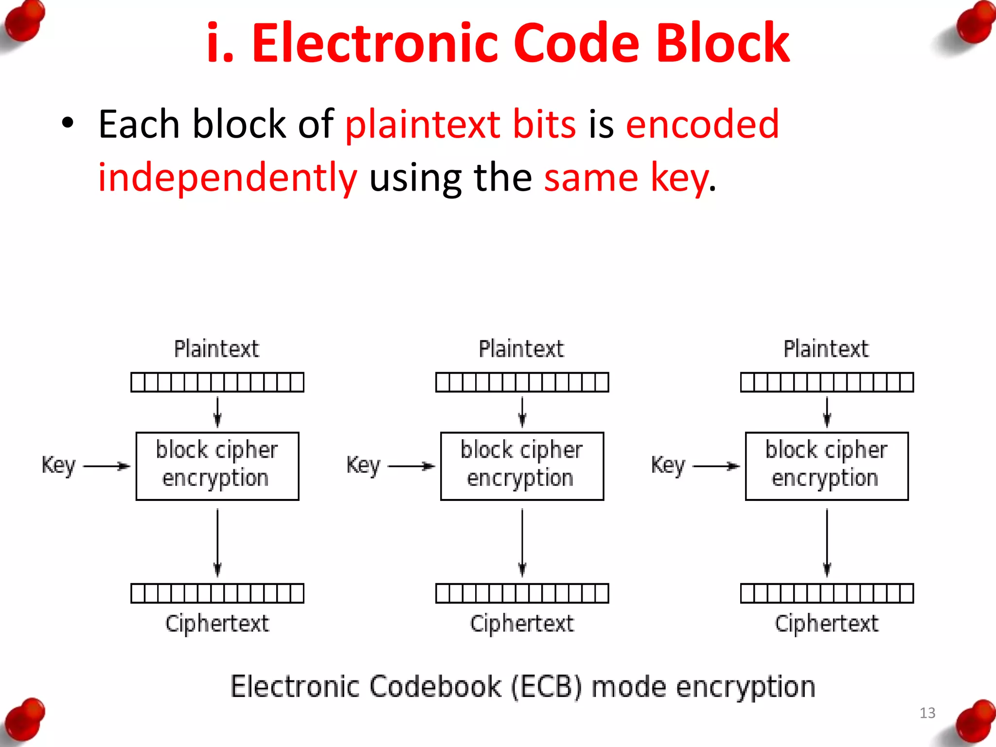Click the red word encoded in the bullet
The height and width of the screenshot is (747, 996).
[x=702, y=124]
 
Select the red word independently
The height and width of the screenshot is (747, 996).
[x=228, y=178]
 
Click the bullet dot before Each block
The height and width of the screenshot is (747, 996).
[x=68, y=123]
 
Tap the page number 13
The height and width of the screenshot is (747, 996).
[x=927, y=713]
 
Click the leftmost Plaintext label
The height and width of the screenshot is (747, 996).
[x=217, y=349]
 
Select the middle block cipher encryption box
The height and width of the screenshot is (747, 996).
[x=522, y=466]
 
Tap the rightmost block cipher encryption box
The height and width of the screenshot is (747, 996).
[x=826, y=466]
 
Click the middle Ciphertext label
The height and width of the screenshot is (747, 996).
[x=522, y=624]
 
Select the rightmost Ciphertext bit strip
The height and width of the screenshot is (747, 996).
[x=826, y=593]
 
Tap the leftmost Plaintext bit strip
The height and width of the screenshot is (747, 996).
[x=217, y=382]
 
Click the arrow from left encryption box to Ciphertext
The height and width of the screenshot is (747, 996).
[x=217, y=542]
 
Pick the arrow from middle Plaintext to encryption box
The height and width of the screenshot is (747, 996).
[x=522, y=412]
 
